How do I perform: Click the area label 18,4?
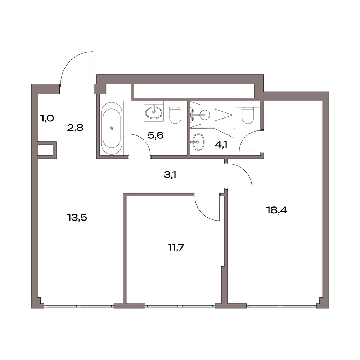tap(276, 210)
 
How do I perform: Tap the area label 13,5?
tap(77, 217)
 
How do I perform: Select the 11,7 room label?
tap(176, 248)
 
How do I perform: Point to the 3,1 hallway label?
tap(170, 175)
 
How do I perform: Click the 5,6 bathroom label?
tap(156, 135)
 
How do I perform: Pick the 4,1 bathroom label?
tap(221, 145)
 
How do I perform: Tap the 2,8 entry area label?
tap(75, 128)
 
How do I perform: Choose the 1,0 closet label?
tap(47, 119)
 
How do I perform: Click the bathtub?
tap(112, 128)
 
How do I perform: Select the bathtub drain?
tap(112, 128)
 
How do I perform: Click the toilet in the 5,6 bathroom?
tap(175, 115)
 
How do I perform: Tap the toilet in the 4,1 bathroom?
tap(248, 115)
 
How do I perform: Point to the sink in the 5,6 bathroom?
tap(154, 111)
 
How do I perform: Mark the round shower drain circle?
tap(204, 115)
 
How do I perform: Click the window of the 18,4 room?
tap(282, 306)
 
